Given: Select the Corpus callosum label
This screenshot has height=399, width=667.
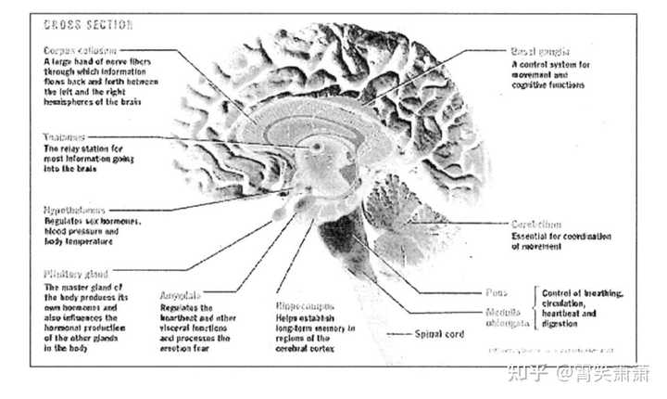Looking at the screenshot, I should (80, 49).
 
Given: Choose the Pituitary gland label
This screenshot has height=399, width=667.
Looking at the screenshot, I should (76, 275).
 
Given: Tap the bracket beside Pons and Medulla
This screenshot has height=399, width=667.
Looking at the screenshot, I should (535, 303).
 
